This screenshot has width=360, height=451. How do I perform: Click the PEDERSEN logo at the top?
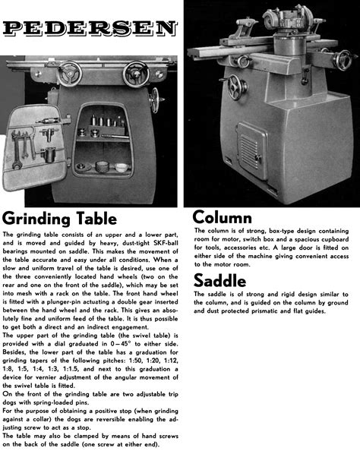(x=90, y=29)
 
